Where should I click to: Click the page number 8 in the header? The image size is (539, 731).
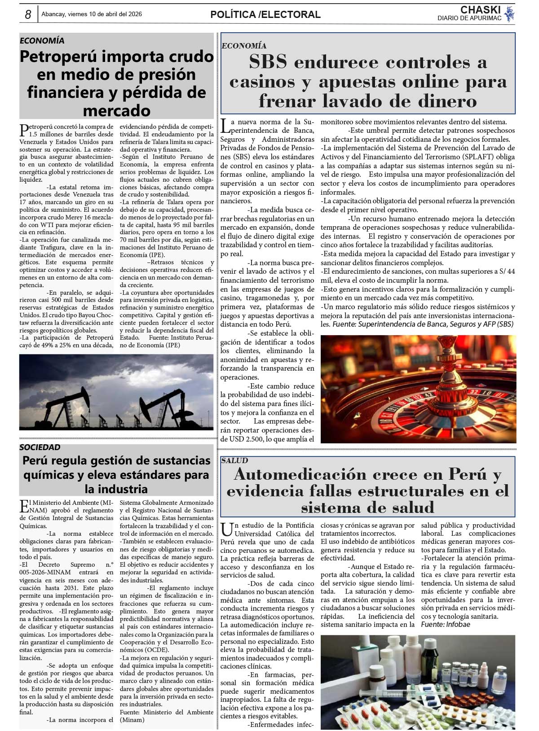tap(28, 14)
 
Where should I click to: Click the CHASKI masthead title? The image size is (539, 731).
tap(480, 10)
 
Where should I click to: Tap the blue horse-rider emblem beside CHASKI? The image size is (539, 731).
tap(509, 14)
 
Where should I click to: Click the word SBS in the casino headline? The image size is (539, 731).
tap(268, 62)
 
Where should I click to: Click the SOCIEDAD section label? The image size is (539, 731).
tap(40, 447)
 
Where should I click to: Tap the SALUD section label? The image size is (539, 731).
tap(234, 460)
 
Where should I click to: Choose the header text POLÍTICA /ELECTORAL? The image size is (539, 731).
tap(265, 14)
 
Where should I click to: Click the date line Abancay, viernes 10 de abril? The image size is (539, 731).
tap(92, 14)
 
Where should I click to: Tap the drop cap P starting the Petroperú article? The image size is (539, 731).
tap(24, 130)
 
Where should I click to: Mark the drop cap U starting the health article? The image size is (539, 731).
tap(227, 530)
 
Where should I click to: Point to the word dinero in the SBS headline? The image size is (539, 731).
tap(443, 101)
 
